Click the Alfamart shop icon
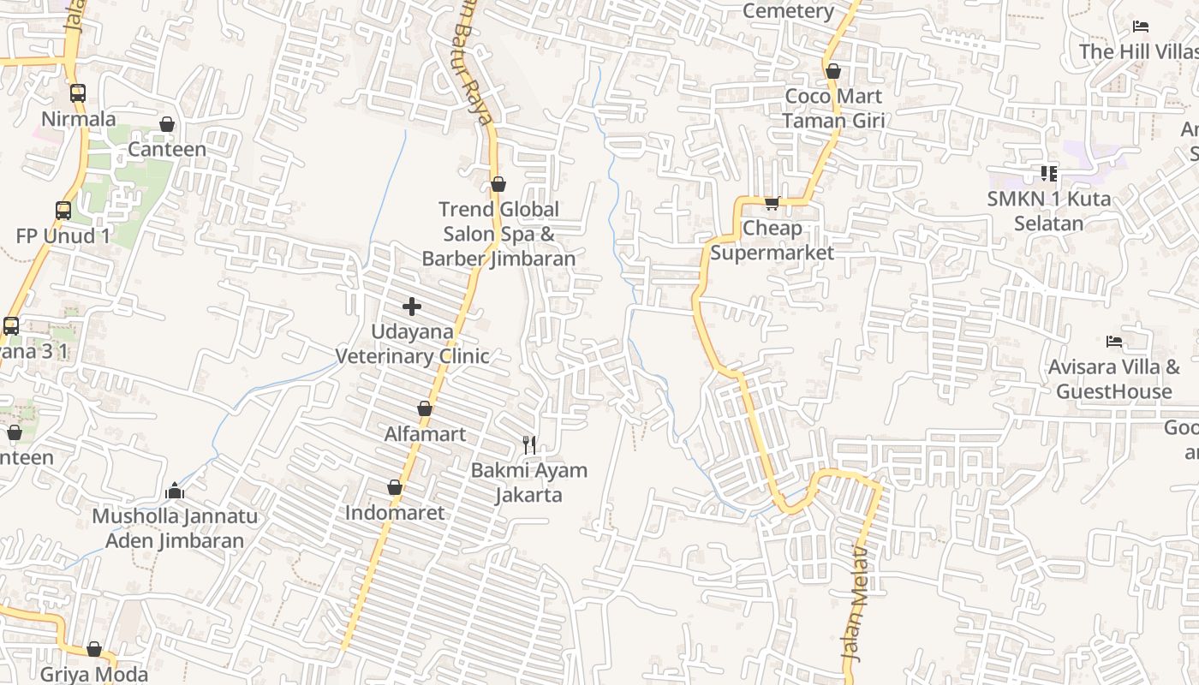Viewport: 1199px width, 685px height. pos(425,409)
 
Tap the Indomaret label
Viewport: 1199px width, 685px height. pos(395,513)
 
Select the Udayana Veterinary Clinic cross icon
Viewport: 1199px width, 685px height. pos(412,307)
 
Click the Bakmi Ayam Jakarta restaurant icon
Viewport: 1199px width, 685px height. pos(529,444)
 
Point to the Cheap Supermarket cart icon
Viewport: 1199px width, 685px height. pos(772,203)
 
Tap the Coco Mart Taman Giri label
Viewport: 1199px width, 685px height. pos(833,109)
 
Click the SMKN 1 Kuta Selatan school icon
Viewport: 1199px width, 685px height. pos(1049,174)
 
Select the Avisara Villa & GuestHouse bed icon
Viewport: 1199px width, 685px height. pos(1114,342)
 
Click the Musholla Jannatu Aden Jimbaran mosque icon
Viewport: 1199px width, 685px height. pos(175,491)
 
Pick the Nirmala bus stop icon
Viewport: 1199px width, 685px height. pos(78,93)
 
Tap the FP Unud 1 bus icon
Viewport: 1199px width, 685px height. pos(63,211)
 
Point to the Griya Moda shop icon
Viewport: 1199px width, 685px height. pos(94,650)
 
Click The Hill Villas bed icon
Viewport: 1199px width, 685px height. pos(1140,27)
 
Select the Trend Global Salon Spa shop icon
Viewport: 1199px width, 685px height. pos(498,184)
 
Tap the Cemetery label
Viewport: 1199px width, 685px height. pos(788,11)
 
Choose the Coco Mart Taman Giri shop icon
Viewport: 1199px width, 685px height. pos(833,71)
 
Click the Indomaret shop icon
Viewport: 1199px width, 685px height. pos(395,488)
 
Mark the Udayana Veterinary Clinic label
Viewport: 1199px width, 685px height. pos(412,343)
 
